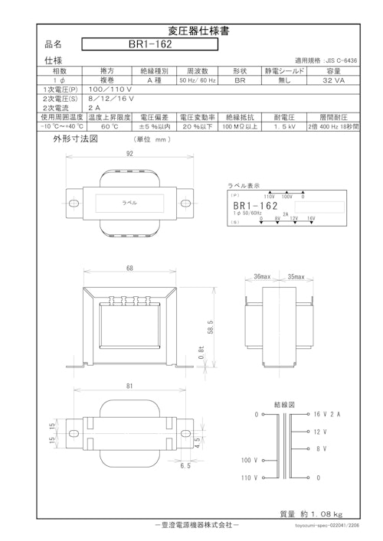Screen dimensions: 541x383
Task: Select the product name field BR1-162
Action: click(149, 44)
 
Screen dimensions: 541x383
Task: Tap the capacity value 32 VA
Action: click(334, 80)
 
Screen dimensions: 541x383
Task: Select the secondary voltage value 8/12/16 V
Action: click(111, 99)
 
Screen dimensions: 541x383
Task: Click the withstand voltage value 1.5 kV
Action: click(285, 127)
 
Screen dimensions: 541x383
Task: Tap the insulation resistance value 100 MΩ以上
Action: click(241, 127)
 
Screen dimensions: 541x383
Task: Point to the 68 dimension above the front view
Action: click(129, 268)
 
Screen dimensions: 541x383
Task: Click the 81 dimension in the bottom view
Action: click(129, 387)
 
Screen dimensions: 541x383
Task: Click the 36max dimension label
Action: click(262, 277)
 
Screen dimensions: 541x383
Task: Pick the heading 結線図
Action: click(284, 402)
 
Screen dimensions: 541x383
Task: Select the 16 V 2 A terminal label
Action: click(327, 414)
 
